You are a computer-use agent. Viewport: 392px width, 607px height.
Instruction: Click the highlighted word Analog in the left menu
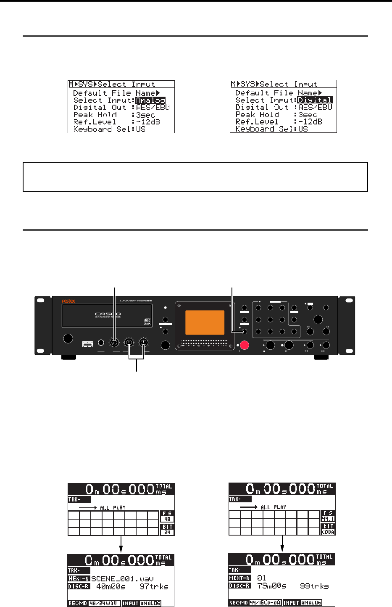(150, 100)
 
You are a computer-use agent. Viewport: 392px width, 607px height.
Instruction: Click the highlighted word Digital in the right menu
(315, 100)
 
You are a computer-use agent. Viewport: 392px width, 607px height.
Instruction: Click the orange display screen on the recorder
(205, 322)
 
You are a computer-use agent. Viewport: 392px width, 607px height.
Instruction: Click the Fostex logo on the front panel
(68, 301)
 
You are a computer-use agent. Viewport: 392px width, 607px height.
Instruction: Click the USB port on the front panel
(88, 344)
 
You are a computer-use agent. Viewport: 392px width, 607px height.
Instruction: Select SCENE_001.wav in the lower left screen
(122, 578)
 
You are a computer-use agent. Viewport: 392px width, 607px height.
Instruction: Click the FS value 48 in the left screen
(167, 519)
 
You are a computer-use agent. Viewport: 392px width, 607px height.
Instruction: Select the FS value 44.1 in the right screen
(328, 519)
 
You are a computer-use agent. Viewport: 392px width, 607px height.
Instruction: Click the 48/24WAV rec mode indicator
(105, 603)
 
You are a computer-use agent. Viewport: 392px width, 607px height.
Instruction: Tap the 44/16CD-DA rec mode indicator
(266, 603)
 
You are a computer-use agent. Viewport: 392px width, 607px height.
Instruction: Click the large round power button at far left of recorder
(67, 339)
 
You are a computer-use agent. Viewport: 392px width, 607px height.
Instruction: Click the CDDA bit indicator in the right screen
(328, 532)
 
